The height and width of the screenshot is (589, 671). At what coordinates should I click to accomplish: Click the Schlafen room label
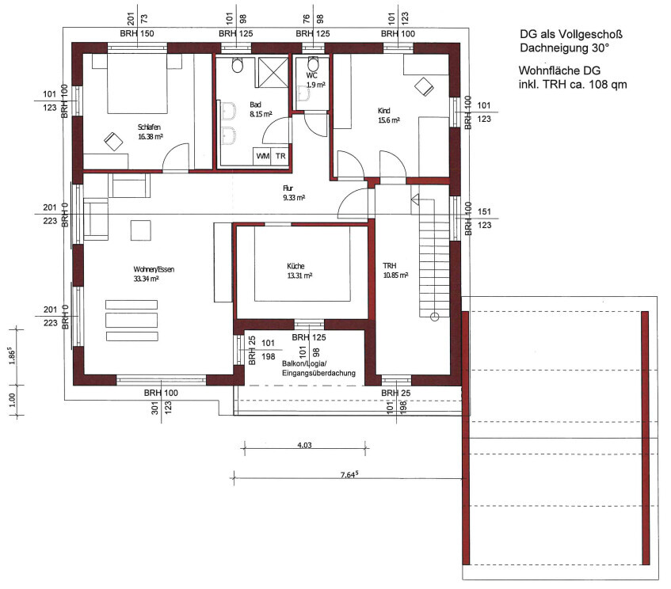click(149, 127)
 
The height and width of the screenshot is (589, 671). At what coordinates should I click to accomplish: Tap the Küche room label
click(295, 266)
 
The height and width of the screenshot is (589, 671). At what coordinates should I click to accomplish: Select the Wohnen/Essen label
click(154, 269)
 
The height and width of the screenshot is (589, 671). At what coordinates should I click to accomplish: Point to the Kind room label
click(384, 111)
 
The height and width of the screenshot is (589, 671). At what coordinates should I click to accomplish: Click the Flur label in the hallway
click(288, 188)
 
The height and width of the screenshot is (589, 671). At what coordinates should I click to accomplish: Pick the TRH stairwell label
click(390, 266)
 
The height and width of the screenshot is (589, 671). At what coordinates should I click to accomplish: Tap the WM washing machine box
click(263, 156)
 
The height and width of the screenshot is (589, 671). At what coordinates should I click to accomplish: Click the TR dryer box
click(280, 156)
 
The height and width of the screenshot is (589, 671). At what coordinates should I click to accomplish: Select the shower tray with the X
click(273, 72)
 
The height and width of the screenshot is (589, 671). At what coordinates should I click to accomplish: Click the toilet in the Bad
click(238, 65)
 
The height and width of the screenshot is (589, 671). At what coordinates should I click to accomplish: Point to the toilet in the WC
click(313, 63)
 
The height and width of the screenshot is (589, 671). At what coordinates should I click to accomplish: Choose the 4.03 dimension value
click(304, 445)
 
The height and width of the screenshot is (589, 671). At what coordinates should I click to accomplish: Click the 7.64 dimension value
click(349, 474)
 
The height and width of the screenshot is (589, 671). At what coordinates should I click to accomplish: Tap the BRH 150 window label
click(137, 34)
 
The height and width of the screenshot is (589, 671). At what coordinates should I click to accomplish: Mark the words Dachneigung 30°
click(564, 48)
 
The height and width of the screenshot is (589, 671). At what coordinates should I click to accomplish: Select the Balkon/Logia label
click(304, 363)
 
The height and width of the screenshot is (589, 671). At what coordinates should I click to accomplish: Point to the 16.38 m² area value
click(151, 137)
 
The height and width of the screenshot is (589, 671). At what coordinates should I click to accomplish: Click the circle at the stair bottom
click(434, 317)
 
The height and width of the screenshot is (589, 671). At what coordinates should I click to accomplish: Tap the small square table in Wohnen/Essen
click(141, 230)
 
